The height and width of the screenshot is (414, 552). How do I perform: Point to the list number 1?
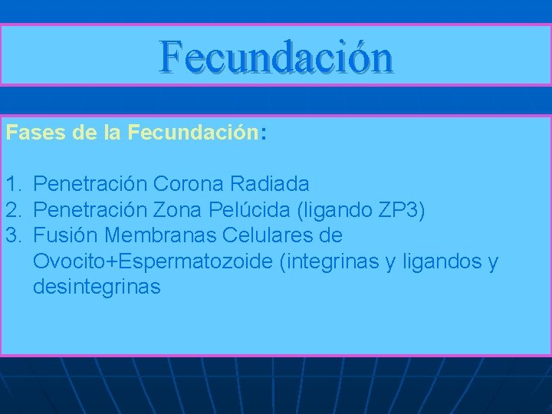tap(12, 184)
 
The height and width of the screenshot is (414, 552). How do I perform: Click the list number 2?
tap(12, 209)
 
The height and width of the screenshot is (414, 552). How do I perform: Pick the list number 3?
tap(12, 235)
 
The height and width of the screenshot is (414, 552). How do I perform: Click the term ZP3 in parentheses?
tap(397, 209)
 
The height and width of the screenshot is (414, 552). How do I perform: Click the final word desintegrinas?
tap(97, 287)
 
